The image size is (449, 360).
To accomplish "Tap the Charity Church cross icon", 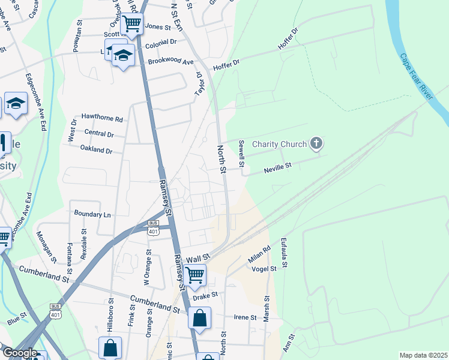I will click(x=316, y=143).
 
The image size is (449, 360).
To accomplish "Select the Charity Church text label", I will click(x=279, y=144).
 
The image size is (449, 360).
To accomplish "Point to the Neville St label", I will click(x=278, y=167).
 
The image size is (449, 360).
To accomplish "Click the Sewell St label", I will click(x=241, y=154).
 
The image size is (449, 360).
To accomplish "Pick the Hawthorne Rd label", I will click(x=102, y=119).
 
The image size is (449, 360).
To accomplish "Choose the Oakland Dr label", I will click(x=97, y=151).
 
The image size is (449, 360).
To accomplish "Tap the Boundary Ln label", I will click(x=92, y=214).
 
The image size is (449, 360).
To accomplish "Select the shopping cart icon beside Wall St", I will click(x=195, y=275).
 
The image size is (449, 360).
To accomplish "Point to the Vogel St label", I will click(x=264, y=269).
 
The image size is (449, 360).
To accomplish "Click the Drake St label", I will click(x=205, y=295).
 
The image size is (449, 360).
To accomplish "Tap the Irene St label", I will click(x=245, y=317).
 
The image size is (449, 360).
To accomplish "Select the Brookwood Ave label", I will click(x=171, y=62).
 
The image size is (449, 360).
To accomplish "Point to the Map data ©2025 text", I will click(x=423, y=355).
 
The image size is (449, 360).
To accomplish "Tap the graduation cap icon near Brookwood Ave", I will click(x=123, y=56).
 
